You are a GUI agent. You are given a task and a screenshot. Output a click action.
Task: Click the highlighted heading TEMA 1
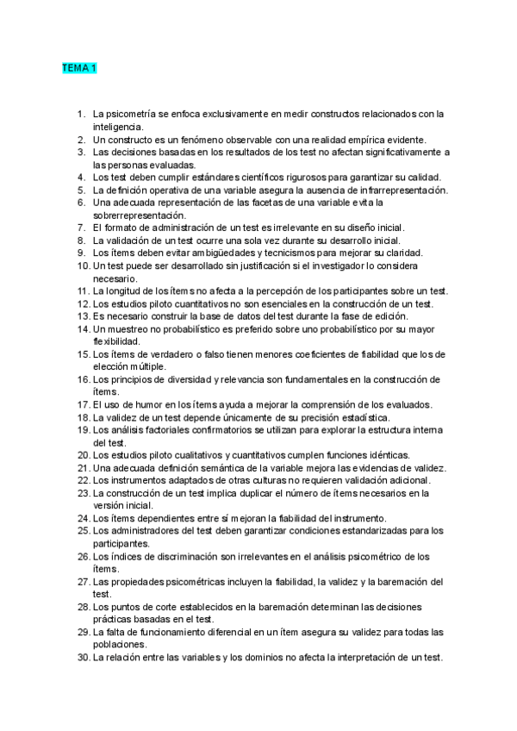(x=78, y=67)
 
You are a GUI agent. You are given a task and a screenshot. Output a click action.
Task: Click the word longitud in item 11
(x=128, y=291)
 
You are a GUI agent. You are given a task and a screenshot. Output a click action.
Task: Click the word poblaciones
(x=122, y=644)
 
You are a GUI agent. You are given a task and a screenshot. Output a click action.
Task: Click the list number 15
(x=84, y=353)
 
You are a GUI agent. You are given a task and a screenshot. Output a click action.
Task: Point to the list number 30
(x=84, y=657)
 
